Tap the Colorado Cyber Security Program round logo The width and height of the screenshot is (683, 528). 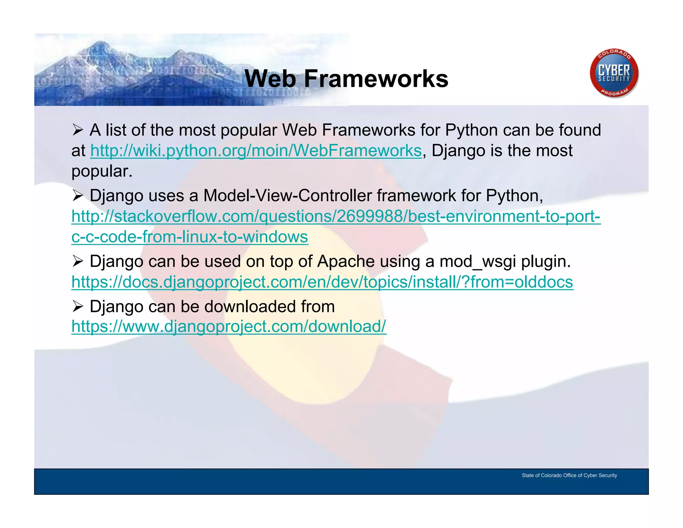(614, 73)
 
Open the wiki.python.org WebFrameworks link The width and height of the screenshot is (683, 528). (256, 151)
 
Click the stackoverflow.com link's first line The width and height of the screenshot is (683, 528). (336, 216)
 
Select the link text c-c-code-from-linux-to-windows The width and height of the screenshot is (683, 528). (189, 237)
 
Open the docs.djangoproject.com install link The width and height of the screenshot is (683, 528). (322, 282)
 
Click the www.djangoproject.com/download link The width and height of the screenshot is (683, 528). (229, 326)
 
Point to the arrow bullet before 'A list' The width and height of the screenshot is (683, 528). (77, 130)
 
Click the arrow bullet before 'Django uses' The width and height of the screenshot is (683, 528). (77, 196)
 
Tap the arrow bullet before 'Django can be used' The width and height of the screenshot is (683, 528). (77, 261)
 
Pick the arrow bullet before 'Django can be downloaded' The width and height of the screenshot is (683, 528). (77, 306)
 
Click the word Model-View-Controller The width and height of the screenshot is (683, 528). (287, 196)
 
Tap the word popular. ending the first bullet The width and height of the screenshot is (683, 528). (102, 172)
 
